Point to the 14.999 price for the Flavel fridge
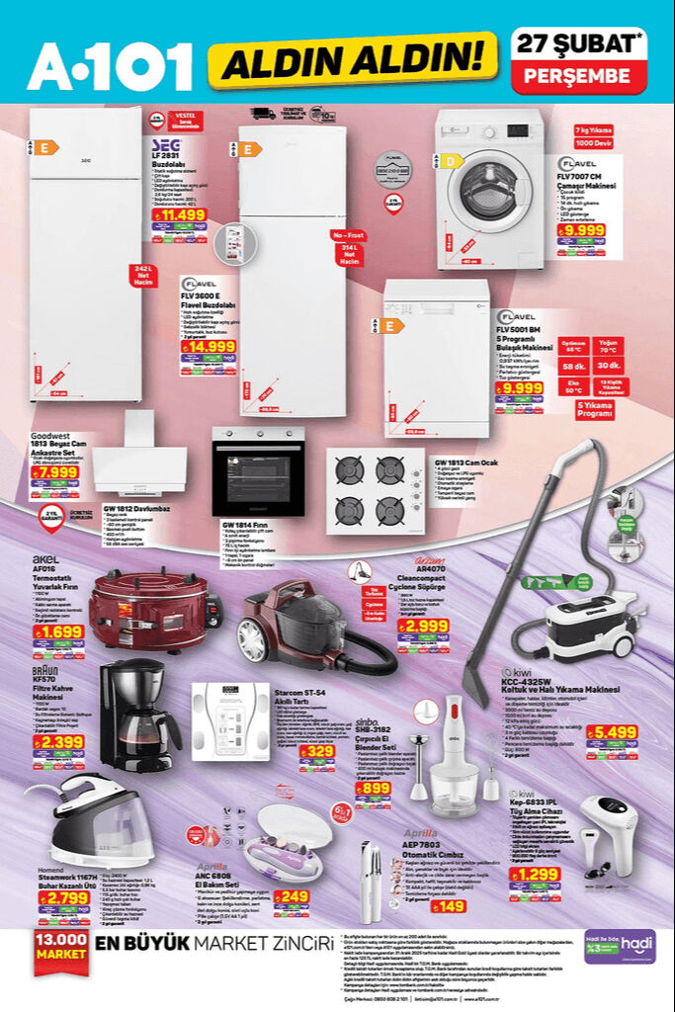(207, 346)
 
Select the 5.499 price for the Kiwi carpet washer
(612, 732)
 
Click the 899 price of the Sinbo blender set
(373, 788)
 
